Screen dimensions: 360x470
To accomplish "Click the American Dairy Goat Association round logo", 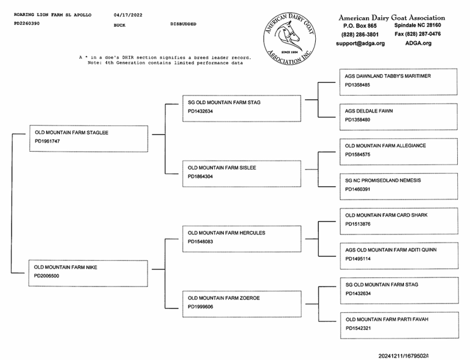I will [290, 39].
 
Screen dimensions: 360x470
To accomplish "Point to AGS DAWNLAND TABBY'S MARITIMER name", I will [387, 76].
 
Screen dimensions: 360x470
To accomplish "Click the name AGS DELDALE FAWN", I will [368, 111].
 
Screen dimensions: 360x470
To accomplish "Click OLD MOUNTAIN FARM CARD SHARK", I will [386, 216].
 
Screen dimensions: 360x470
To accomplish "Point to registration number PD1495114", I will [357, 259].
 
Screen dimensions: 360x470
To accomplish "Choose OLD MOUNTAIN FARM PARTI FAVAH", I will [387, 320].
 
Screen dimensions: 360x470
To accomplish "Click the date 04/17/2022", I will [127, 13].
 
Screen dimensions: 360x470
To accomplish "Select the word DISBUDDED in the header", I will [184, 24].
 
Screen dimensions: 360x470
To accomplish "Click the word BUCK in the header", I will [119, 25].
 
